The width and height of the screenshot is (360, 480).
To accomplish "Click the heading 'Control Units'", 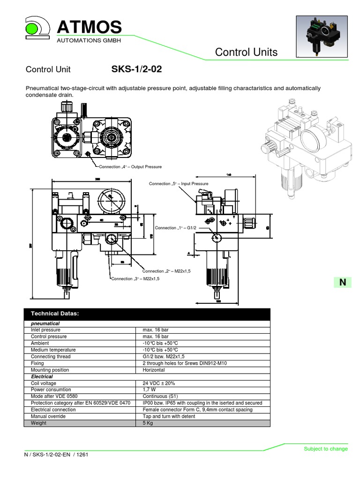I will (x=246, y=52).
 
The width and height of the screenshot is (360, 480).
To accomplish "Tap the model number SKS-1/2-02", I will (x=136, y=69).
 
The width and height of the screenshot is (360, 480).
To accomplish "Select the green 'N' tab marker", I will (x=343, y=282).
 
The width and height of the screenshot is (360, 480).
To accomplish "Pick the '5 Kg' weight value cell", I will (x=148, y=423).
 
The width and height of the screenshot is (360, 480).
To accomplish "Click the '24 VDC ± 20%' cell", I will (x=158, y=383).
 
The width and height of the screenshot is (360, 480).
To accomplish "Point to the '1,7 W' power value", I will (x=149, y=390).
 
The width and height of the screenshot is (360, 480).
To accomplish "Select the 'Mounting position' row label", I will (x=50, y=370).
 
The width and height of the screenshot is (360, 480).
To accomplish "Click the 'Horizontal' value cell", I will (x=153, y=370).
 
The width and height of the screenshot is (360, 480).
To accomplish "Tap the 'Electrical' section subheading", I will (x=42, y=376).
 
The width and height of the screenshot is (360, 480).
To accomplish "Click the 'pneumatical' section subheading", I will (x=45, y=323).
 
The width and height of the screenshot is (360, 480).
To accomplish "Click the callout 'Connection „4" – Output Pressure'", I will (x=130, y=166).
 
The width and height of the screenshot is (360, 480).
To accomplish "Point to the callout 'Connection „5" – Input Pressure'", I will (x=178, y=184).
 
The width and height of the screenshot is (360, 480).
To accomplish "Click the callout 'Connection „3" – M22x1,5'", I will (x=135, y=278).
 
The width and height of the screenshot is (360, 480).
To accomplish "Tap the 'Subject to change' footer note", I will (x=326, y=449).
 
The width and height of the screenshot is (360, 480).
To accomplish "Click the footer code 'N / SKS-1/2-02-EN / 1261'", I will (x=57, y=455).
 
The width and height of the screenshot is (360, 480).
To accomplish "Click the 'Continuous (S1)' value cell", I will (x=159, y=396).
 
